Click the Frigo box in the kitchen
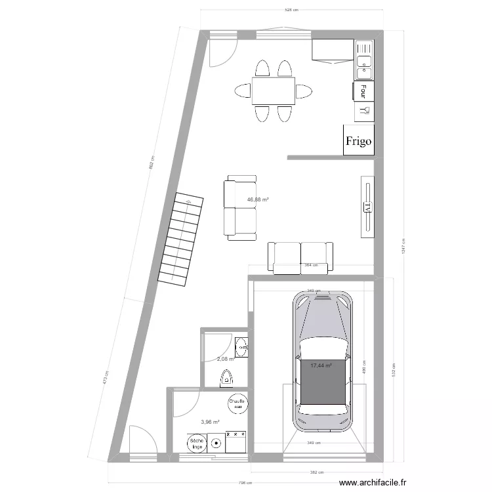(x=359, y=140)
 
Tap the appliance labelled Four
(x=363, y=90)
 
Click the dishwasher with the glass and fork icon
(x=364, y=112)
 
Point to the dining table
(x=273, y=91)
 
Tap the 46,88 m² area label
(x=258, y=200)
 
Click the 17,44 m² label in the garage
(x=321, y=365)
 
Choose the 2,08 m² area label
(x=225, y=359)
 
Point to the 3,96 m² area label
(x=209, y=422)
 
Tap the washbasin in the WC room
(x=242, y=346)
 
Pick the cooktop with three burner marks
(x=236, y=434)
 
